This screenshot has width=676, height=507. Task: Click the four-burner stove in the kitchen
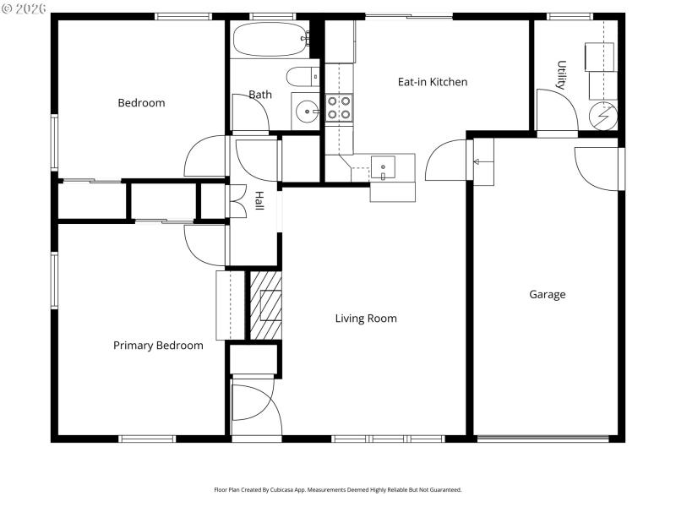340,107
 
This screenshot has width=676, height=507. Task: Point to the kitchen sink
384,167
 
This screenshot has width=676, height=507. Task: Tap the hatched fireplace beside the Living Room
265,304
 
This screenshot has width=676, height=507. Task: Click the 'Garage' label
547,295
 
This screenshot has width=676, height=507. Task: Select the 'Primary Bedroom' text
158,345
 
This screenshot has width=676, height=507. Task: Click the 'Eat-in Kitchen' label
432,82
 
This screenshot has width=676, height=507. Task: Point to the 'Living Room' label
366,319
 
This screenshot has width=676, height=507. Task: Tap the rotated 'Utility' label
560,74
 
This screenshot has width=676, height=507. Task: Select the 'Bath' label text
259,95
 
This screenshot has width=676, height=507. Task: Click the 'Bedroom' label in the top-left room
141,103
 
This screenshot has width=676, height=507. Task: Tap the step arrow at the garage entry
477,161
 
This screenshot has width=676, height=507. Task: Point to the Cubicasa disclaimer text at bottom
337,489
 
